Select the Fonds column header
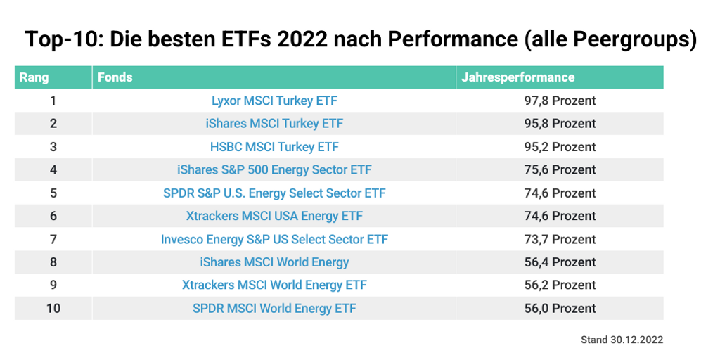pyautogui.click(x=115, y=77)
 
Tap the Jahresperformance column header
pyautogui.click(x=517, y=77)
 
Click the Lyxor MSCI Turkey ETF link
pyautogui.click(x=274, y=101)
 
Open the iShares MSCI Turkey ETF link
pyautogui.click(x=274, y=124)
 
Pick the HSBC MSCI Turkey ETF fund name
pyautogui.click(x=274, y=147)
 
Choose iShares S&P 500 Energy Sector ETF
pyautogui.click(x=274, y=169)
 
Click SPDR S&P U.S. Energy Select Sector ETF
pyautogui.click(x=274, y=193)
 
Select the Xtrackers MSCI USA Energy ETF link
pyautogui.click(x=274, y=216)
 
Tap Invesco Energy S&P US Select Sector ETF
pyautogui.click(x=274, y=239)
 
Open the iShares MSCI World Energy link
pyautogui.click(x=274, y=262)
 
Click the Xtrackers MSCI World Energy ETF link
pyautogui.click(x=274, y=285)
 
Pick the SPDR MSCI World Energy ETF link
pyautogui.click(x=274, y=308)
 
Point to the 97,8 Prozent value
pyautogui.click(x=560, y=101)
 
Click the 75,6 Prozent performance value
pyautogui.click(x=560, y=169)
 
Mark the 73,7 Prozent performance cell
pyautogui.click(x=560, y=239)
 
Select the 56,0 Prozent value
pyautogui.click(x=560, y=308)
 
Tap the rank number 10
pyautogui.click(x=53, y=308)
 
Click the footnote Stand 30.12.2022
pyautogui.click(x=622, y=340)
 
